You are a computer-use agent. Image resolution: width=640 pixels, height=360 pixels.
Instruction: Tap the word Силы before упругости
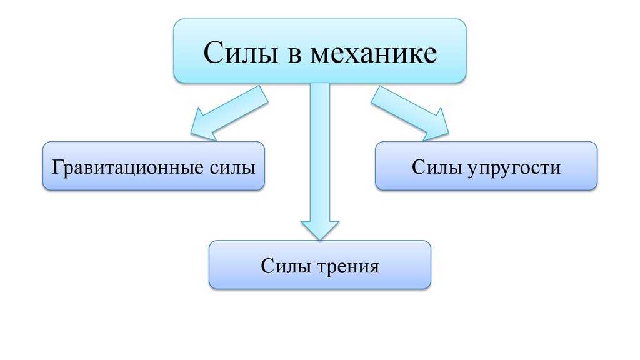coord(435,168)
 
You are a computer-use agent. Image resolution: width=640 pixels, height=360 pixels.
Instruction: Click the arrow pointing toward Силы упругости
coord(410,112)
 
